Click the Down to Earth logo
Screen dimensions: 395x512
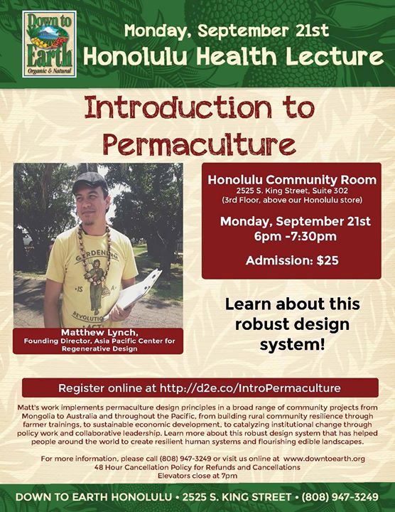click(49, 44)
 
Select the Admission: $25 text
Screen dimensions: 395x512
click(292, 260)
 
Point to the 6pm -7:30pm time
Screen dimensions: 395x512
click(296, 236)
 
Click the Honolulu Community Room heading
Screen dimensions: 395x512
click(292, 180)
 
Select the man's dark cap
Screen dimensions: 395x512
click(90, 181)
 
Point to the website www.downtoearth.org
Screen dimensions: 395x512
click(324, 459)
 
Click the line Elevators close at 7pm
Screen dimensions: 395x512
click(197, 476)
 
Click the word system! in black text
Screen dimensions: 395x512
click(292, 344)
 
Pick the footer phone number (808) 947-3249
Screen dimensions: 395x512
click(340, 497)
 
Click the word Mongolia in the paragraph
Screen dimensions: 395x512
click(36, 416)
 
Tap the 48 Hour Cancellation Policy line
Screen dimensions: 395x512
click(197, 467)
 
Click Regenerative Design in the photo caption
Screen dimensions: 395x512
click(99, 348)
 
